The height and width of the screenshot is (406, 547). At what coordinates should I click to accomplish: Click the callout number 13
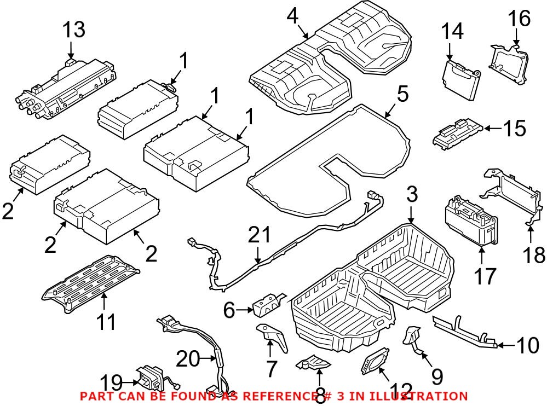(x=73, y=30)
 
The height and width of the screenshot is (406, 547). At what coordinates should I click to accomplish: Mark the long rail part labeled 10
(x=463, y=330)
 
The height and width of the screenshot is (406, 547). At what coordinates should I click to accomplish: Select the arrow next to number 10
(x=506, y=345)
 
